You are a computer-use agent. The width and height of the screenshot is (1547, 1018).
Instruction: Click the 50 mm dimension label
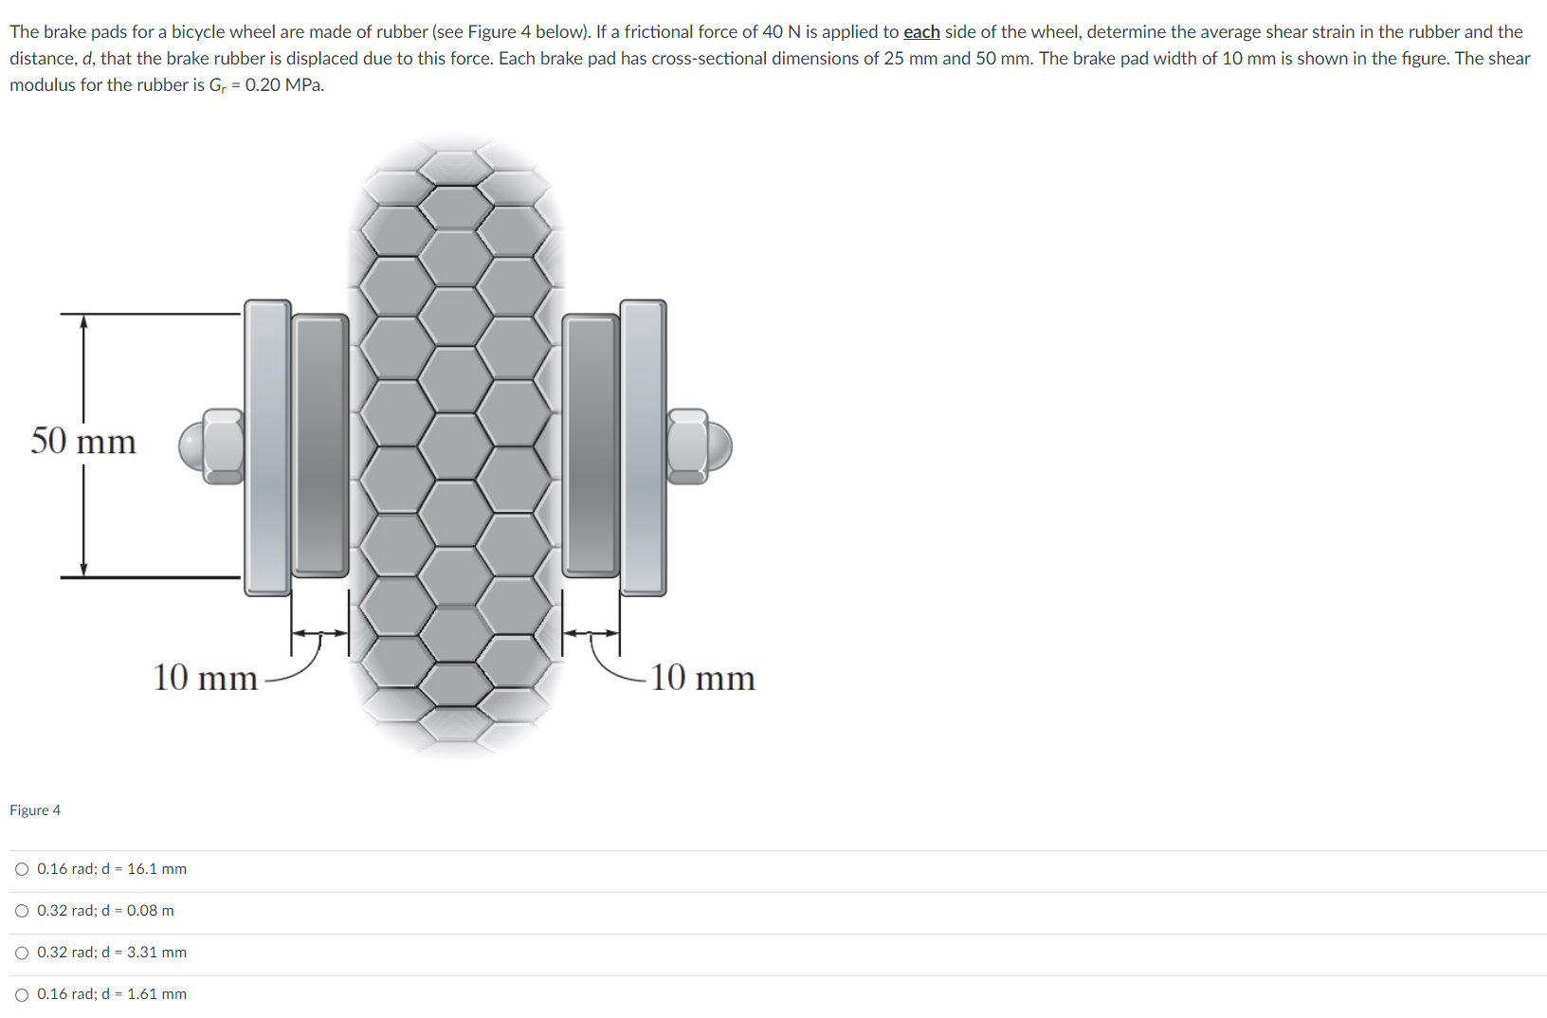[x=83, y=442]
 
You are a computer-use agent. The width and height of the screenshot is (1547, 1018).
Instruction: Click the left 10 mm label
[x=205, y=678]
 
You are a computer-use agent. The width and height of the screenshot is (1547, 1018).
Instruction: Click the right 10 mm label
[x=702, y=678]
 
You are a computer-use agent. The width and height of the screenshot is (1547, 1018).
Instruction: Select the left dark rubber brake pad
[x=319, y=445]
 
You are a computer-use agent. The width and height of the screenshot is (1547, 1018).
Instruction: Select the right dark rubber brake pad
[x=591, y=445]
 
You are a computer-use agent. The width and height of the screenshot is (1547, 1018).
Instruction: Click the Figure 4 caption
[x=35, y=810]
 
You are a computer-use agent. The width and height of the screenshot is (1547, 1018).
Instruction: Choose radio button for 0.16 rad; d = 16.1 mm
[x=22, y=869]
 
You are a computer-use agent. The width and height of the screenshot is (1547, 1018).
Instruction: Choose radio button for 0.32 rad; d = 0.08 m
[x=22, y=911]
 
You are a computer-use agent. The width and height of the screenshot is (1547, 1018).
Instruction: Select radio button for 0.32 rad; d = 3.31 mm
[x=22, y=953]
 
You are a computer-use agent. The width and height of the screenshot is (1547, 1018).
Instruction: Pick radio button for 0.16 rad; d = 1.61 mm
[x=22, y=994]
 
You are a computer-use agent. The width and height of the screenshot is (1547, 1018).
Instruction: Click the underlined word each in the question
[x=921, y=32]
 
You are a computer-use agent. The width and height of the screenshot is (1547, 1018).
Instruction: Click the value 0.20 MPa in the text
[x=284, y=85]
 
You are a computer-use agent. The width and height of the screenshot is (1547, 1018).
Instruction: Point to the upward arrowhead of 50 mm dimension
[x=83, y=321]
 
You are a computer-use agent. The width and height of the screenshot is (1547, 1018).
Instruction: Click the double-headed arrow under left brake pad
[x=319, y=633]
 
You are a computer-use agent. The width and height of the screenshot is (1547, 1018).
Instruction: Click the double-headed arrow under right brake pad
[x=591, y=633]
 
